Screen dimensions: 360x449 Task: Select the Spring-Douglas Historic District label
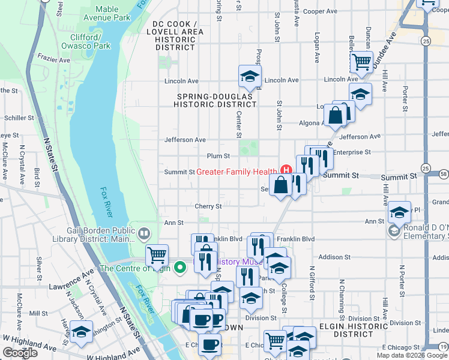coord(216,100)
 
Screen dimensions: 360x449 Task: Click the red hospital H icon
coord(286,172)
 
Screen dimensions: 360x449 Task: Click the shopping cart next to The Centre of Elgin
coord(157,255)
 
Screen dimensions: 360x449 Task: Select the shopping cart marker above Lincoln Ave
coord(361,62)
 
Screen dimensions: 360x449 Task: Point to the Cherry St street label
coord(208,206)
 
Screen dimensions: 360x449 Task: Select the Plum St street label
coord(218,156)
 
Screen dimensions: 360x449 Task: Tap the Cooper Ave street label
coord(321,11)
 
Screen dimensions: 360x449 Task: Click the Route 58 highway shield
coord(444,174)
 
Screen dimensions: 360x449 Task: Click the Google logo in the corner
coord(20,353)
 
